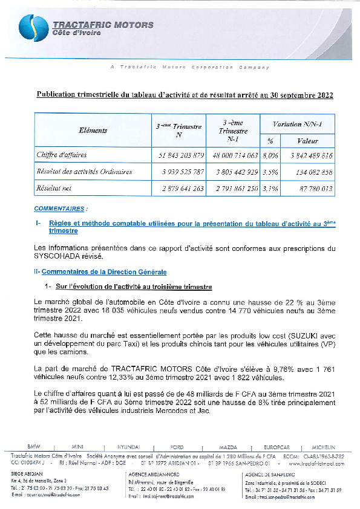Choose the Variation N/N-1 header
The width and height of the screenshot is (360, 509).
pyautogui.click(x=296, y=124)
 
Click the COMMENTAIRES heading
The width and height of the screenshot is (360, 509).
pyautogui.click(x=60, y=209)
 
